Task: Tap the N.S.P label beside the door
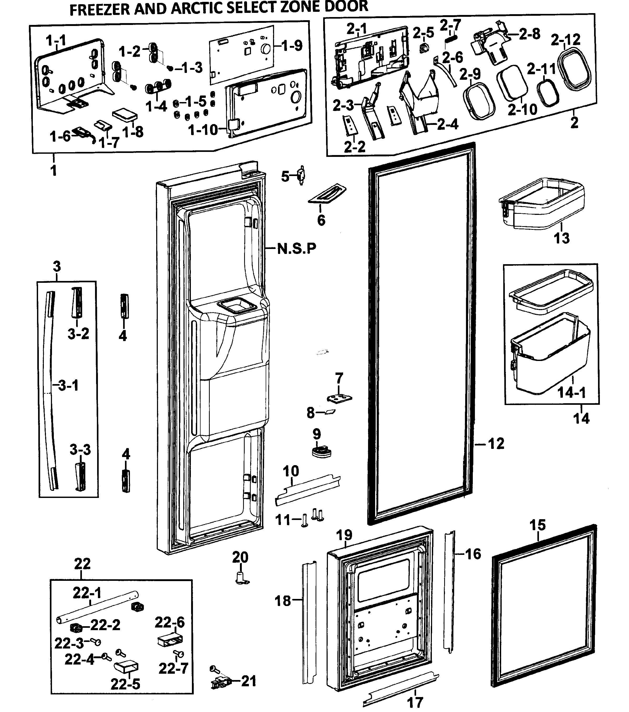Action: [x=297, y=249]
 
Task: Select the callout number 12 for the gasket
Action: [x=496, y=444]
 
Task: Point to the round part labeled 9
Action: [x=321, y=452]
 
